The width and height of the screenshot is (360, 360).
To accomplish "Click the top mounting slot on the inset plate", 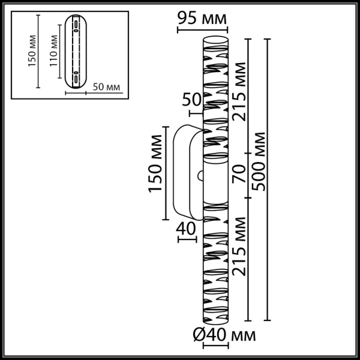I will pyautogui.click(x=76, y=26).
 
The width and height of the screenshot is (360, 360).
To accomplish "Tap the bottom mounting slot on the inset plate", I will pyautogui.click(x=76, y=76).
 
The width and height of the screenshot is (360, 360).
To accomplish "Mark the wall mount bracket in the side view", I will pyautogui.click(x=183, y=171).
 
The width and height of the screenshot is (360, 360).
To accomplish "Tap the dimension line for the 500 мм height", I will pyautogui.click(x=268, y=180).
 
